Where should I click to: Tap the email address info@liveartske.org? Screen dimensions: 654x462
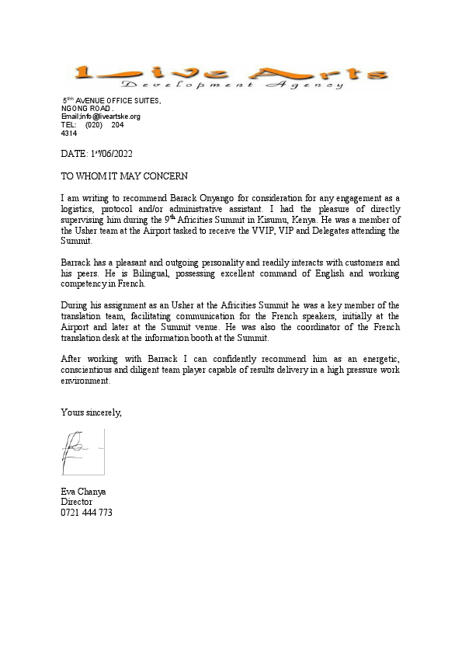pos(109,117)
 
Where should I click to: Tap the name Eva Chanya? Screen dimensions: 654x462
pos(83,492)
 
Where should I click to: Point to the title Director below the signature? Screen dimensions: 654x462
pos(76,503)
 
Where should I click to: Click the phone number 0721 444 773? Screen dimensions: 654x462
pos(86,513)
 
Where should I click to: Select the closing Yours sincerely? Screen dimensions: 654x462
pos(91,412)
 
